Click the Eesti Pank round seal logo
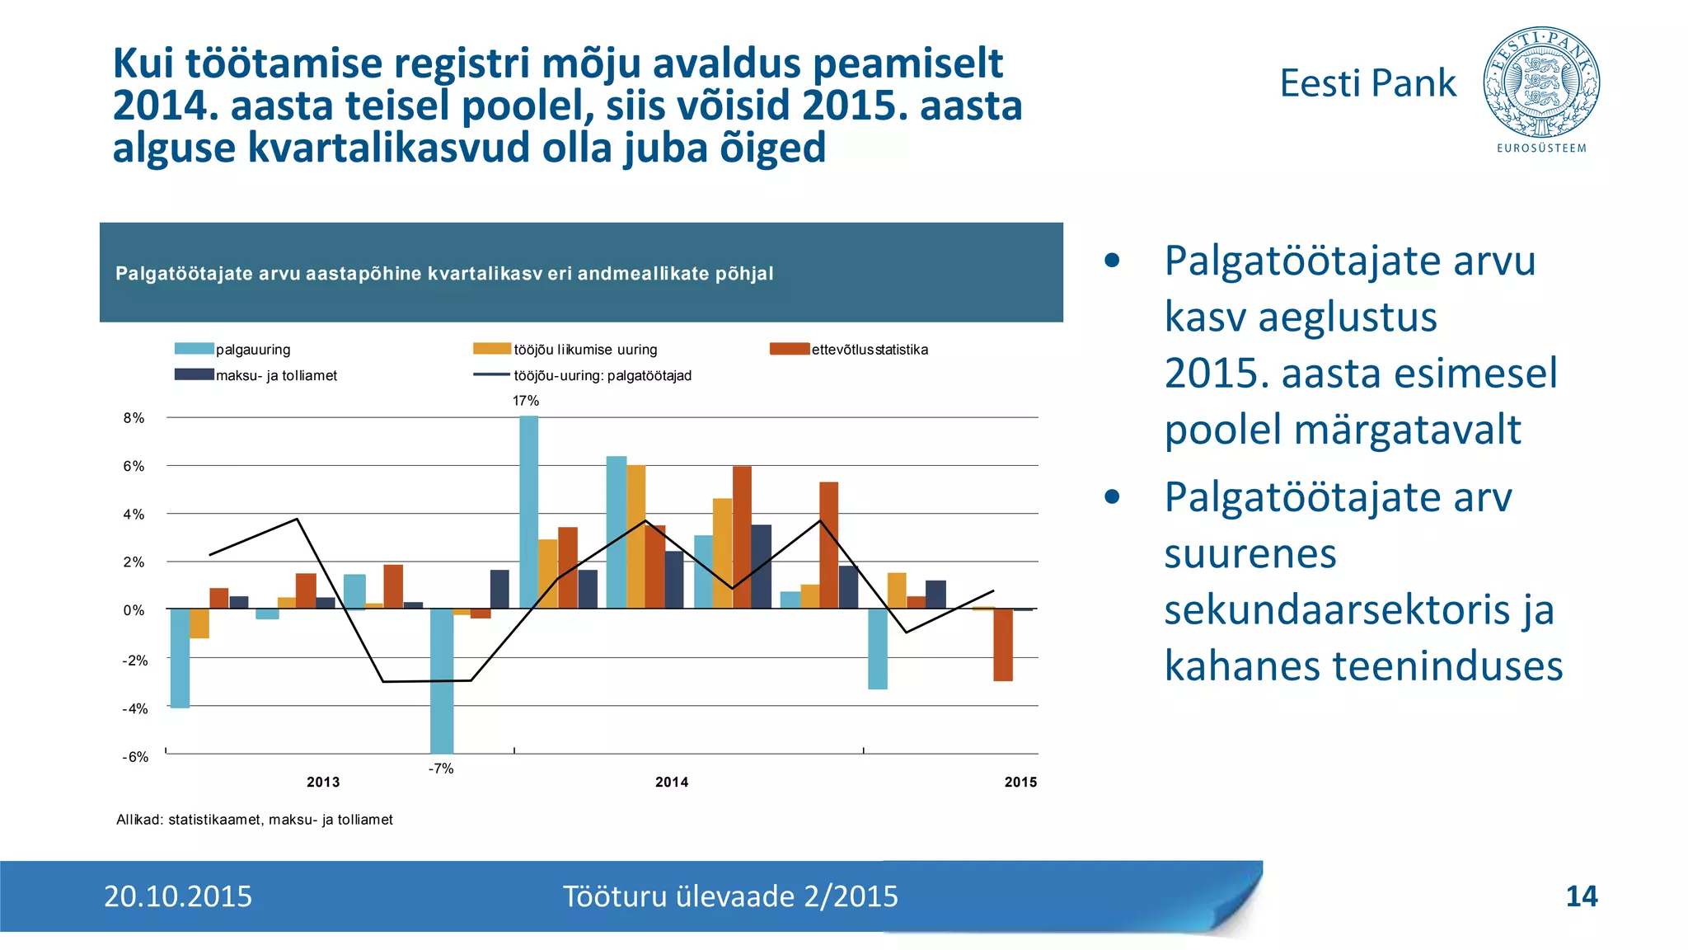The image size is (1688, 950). pos(1540,82)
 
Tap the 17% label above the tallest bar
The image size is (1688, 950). pos(525,401)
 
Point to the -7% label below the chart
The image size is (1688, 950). pos(440,769)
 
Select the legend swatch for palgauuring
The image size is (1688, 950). pos(194,349)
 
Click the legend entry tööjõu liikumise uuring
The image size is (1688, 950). pos(585,350)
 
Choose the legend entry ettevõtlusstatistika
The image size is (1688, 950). pos(870,350)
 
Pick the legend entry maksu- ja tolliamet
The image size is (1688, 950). pos(276,376)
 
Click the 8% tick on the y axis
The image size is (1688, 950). pos(134,418)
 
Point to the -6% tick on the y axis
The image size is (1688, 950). pos(135,757)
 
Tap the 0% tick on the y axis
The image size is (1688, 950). pos(134,611)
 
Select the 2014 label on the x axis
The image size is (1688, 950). pos(672,783)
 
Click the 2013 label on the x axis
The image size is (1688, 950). pos(323,783)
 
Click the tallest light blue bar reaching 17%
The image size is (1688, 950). pos(528,511)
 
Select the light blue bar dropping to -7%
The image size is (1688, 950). pos(442,680)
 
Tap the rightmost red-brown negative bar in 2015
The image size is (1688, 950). pos(1002,645)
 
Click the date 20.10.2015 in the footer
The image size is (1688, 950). pos(178,896)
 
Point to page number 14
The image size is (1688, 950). pos(1581,896)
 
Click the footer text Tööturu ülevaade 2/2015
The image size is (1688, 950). pos(730,896)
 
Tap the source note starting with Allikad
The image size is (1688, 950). pos(255,820)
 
